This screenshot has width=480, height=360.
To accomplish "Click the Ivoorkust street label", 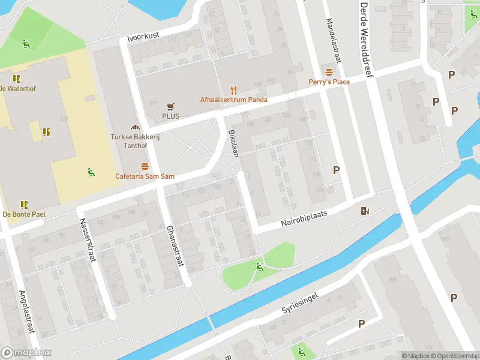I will pyautogui.click(x=143, y=37).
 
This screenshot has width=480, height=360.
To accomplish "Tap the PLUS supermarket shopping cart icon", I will pyautogui.click(x=170, y=106).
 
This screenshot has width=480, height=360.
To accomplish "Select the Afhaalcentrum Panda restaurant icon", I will pyautogui.click(x=234, y=90).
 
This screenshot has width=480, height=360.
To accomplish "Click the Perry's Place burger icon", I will pyautogui.click(x=328, y=71).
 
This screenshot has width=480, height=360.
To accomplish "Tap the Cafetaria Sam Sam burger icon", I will pyautogui.click(x=144, y=166).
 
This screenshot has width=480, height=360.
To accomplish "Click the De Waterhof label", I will pyautogui.click(x=19, y=88).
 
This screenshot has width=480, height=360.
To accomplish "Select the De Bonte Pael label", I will pyautogui.click(x=24, y=214).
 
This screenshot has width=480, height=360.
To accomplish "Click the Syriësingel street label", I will pyautogui.click(x=308, y=302).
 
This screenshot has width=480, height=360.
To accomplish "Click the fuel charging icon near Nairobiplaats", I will pyautogui.click(x=365, y=210).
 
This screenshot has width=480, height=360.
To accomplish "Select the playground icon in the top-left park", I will pyautogui.click(x=26, y=43).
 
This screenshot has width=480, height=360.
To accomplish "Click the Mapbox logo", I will pyautogui.click(x=26, y=353).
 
